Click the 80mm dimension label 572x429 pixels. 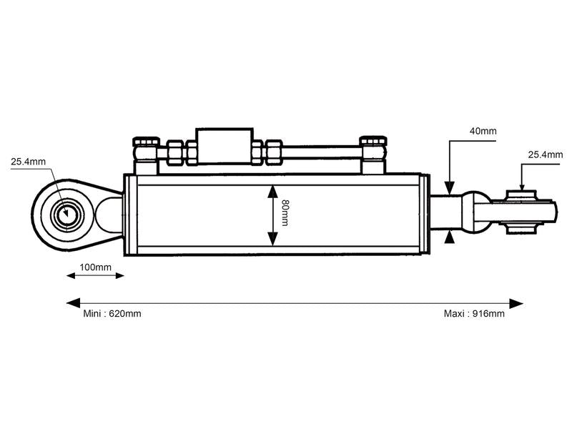pyautogui.click(x=284, y=214)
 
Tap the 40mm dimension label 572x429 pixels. pyautogui.click(x=483, y=132)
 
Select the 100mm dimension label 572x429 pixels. pyautogui.click(x=95, y=267)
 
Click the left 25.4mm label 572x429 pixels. pyautogui.click(x=28, y=162)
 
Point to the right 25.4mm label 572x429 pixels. pyautogui.click(x=546, y=154)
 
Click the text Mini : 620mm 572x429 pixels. pyautogui.click(x=112, y=314)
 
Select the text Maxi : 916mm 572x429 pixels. pyautogui.click(x=474, y=314)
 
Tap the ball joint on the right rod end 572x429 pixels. pyautogui.click(x=521, y=212)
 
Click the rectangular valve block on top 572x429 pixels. pyautogui.click(x=225, y=146)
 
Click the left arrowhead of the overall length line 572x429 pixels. pyautogui.click(x=72, y=303)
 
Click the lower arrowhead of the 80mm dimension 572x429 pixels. pyautogui.click(x=272, y=240)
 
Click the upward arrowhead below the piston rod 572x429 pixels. pyautogui.click(x=449, y=237)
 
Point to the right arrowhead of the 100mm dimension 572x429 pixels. pyautogui.click(x=119, y=275)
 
